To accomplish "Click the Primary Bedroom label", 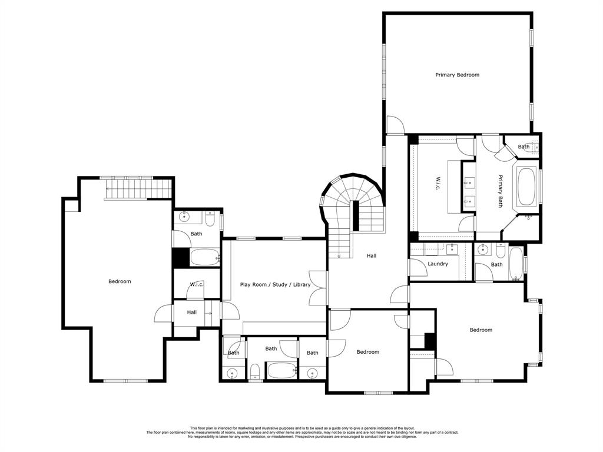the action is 457,75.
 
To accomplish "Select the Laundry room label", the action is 438,264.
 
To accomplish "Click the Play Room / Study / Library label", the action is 276,285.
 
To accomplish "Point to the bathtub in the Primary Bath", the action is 527,186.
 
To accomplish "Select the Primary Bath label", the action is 501,191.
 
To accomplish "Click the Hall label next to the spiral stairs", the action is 372,256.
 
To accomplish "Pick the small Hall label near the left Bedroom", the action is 192,313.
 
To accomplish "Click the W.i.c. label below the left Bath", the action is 197,285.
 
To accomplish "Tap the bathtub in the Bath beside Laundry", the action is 516,263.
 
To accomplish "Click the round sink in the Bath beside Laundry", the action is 482,250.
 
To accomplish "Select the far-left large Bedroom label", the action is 120,282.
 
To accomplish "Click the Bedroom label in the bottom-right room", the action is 481,330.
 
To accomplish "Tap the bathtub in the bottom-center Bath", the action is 281,371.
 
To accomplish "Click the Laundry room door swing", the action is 418,268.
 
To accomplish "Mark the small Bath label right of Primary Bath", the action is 524,147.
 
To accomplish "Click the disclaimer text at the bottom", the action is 302,433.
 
